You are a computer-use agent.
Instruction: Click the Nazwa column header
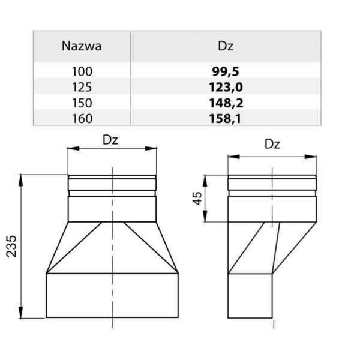[x=82, y=46]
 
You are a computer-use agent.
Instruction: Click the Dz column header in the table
[x=226, y=46]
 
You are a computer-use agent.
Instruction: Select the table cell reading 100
[x=82, y=71]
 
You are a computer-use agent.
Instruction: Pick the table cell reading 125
[x=82, y=87]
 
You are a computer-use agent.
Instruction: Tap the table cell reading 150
[x=82, y=103]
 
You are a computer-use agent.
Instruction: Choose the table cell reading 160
[x=82, y=118]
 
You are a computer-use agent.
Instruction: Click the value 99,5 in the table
[x=226, y=71]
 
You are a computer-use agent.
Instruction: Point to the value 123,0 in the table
[x=226, y=87]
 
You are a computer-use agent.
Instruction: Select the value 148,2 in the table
[x=226, y=103]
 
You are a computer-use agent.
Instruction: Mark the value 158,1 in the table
[x=226, y=118]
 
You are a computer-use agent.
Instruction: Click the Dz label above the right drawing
[x=272, y=145]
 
